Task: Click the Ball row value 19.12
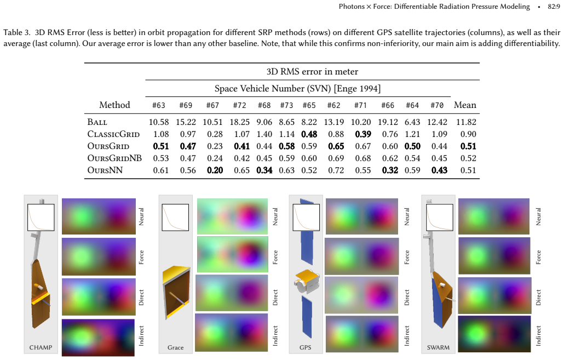pyautogui.click(x=388, y=122)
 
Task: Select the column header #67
pyautogui.click(x=212, y=105)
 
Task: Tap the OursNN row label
pyautogui.click(x=105, y=170)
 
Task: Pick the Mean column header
pyautogui.click(x=465, y=105)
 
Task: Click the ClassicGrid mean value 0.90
pyautogui.click(x=468, y=134)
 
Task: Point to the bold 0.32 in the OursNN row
pyautogui.click(x=390, y=170)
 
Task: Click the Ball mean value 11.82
pyautogui.click(x=466, y=122)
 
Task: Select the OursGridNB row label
pyautogui.click(x=114, y=158)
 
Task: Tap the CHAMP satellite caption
pyautogui.click(x=41, y=347)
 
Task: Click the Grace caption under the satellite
pyautogui.click(x=176, y=347)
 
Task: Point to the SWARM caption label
pyautogui.click(x=438, y=347)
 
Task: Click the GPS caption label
pyautogui.click(x=306, y=347)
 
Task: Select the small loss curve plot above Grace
pyautogui.click(x=175, y=218)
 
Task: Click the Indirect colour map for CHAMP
pyautogui.click(x=98, y=338)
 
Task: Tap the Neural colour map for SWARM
pyautogui.click(x=493, y=216)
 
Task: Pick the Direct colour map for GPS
pyautogui.click(x=361, y=295)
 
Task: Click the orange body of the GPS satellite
pyautogui.click(x=308, y=279)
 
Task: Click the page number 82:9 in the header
pyautogui.click(x=554, y=7)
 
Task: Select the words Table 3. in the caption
pyautogui.click(x=17, y=32)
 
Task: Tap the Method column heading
pyautogui.click(x=114, y=105)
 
